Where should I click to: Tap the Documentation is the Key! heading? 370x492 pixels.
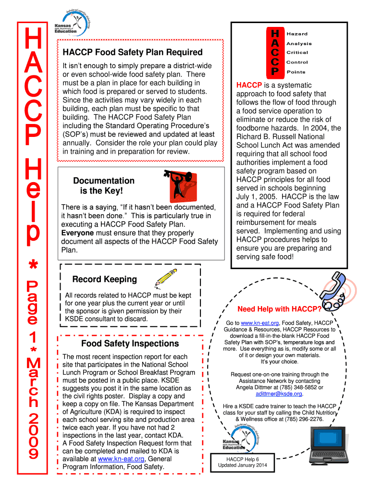tap(104, 186)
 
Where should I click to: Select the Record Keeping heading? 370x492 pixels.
tap(104, 279)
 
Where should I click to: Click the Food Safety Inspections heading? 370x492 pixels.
tap(130, 344)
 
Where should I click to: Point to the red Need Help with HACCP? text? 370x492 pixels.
tap(279, 309)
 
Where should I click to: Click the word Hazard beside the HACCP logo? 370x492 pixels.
tap(297, 34)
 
